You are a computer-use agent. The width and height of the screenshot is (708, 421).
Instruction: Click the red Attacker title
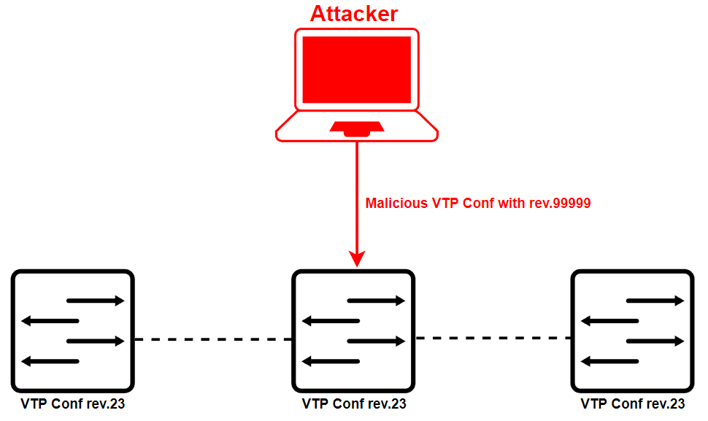[355, 13]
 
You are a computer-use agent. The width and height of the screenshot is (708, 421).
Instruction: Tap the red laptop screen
[356, 69]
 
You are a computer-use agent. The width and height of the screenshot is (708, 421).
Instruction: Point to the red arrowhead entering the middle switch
[357, 258]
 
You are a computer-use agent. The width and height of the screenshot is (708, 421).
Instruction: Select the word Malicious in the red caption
[397, 204]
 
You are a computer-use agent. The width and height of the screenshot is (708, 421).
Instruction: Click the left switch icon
[73, 331]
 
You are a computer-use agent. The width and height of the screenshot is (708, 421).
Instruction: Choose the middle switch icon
[353, 331]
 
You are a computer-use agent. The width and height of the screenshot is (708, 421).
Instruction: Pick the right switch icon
[633, 331]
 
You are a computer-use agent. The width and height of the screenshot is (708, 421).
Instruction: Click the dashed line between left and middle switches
[213, 339]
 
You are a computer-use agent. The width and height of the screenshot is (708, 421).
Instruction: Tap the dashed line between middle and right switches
[493, 338]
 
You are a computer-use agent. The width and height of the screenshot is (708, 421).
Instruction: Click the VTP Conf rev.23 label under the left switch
[73, 403]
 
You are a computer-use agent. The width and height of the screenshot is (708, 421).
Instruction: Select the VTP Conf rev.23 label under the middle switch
[353, 403]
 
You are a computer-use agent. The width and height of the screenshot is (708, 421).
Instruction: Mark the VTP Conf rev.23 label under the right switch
[633, 403]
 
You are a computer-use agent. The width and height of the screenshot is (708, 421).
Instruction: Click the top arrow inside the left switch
[96, 301]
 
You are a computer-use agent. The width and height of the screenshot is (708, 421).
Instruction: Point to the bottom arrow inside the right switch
[610, 361]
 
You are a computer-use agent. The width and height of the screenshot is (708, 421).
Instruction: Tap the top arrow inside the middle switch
[376, 301]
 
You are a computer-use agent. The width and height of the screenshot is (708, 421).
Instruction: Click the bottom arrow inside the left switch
[50, 361]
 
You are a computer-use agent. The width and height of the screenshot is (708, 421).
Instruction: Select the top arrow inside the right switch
[655, 301]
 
